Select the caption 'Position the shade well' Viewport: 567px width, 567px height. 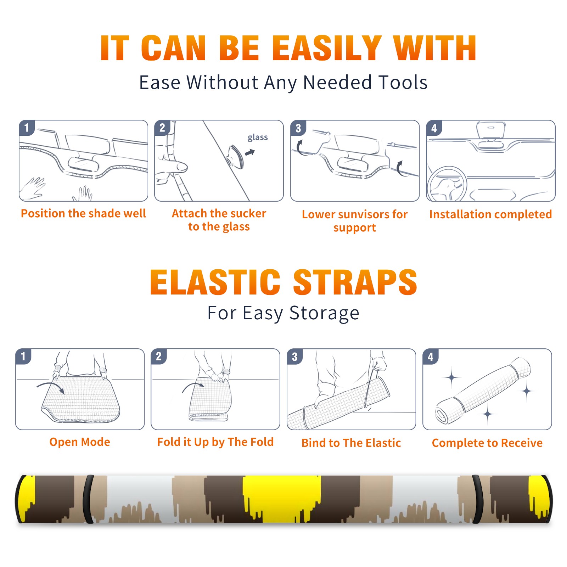click(83, 213)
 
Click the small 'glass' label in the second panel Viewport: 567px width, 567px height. click(258, 137)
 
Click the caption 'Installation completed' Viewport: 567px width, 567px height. click(490, 214)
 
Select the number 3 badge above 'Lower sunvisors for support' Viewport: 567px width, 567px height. click(298, 128)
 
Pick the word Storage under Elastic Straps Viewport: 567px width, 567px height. click(324, 313)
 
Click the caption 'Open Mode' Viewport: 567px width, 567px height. click(80, 442)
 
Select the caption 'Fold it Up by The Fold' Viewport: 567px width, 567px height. click(215, 442)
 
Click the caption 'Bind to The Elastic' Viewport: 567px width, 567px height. click(351, 443)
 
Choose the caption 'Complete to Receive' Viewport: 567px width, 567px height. click(487, 443)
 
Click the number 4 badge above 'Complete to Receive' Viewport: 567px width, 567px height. click(430, 357)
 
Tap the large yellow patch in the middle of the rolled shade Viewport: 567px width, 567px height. click(282, 498)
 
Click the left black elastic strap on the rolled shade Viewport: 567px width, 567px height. click(88, 499)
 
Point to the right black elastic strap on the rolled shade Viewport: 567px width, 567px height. click(478, 499)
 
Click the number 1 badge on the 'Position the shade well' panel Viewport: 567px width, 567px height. click(27, 128)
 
